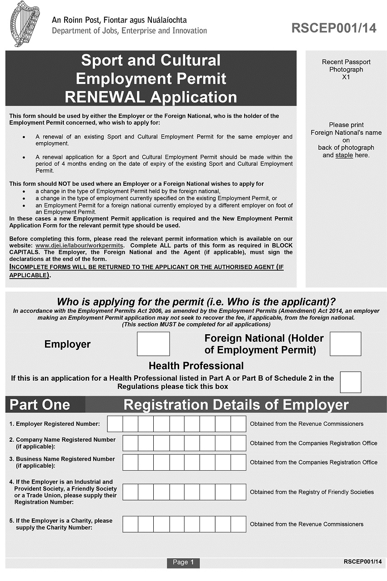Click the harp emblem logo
click(25, 24)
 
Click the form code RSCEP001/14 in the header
click(334, 28)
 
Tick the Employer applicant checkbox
click(153, 344)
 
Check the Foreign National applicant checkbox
click(345, 344)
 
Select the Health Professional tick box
click(350, 382)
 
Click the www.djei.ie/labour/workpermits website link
click(80, 245)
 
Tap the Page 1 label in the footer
click(183, 562)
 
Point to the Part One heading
click(40, 405)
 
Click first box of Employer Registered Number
click(115, 424)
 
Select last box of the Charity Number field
click(238, 524)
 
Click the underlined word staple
click(344, 155)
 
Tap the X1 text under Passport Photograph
click(346, 77)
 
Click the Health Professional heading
click(196, 366)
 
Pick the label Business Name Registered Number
click(65, 459)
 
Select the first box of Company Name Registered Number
click(130, 443)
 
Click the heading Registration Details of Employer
click(236, 405)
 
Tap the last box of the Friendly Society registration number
click(238, 492)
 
